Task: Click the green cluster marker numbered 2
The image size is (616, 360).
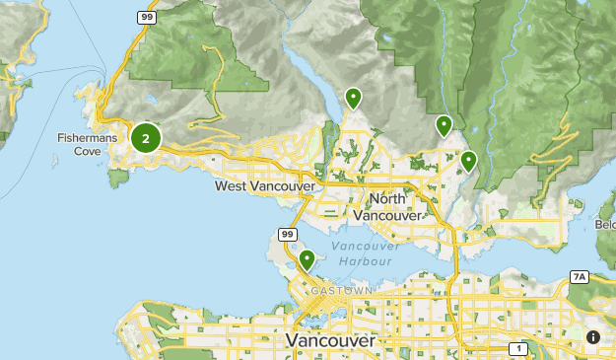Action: (x=146, y=139)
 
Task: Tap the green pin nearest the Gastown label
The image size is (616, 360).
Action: (x=308, y=260)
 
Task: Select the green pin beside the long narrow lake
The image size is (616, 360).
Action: (x=352, y=98)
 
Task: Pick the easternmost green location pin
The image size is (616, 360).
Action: (x=468, y=160)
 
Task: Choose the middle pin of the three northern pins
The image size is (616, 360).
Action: (x=445, y=125)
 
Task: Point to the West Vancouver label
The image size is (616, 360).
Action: (x=264, y=185)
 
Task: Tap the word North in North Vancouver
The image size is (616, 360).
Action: (x=387, y=200)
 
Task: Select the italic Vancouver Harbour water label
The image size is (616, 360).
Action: (x=366, y=253)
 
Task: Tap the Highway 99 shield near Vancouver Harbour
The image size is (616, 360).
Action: (x=287, y=234)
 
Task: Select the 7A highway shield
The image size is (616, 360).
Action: (x=579, y=278)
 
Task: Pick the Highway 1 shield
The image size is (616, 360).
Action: (x=518, y=348)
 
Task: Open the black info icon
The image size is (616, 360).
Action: (x=593, y=337)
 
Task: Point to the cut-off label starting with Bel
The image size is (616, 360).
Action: (x=605, y=225)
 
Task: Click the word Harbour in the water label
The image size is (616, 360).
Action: (x=367, y=262)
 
